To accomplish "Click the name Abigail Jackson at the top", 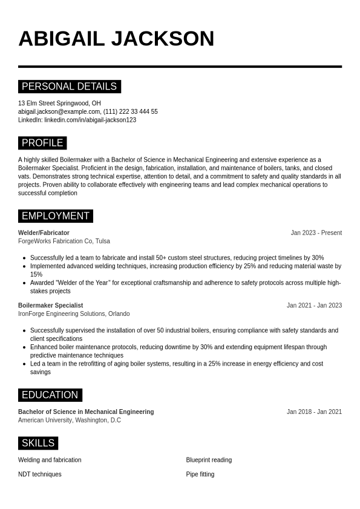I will coord(116,39).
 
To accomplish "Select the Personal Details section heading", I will coord(69,87).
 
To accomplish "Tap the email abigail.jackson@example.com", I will coord(59,112).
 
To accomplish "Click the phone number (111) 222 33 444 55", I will coord(130,112).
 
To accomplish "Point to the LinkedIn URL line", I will coord(77,120).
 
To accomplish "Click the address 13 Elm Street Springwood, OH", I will coord(59,103).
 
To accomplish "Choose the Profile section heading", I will coord(42,143).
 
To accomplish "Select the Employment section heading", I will coord(55,216).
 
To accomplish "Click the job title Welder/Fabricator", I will coord(44,233).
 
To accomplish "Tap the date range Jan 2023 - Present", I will coord(316,233).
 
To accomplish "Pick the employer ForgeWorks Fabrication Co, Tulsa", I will coord(64,241).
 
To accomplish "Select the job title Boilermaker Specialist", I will coord(50,306).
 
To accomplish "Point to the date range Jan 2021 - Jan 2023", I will coord(314,306).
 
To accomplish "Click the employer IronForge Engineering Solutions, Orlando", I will coord(74,314).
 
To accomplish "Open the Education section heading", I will coord(50,395).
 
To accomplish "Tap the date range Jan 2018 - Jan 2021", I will coord(314,412).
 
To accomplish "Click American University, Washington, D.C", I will coord(70,421).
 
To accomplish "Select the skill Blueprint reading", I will coord(209,460).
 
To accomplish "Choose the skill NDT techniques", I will coord(40,475).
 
